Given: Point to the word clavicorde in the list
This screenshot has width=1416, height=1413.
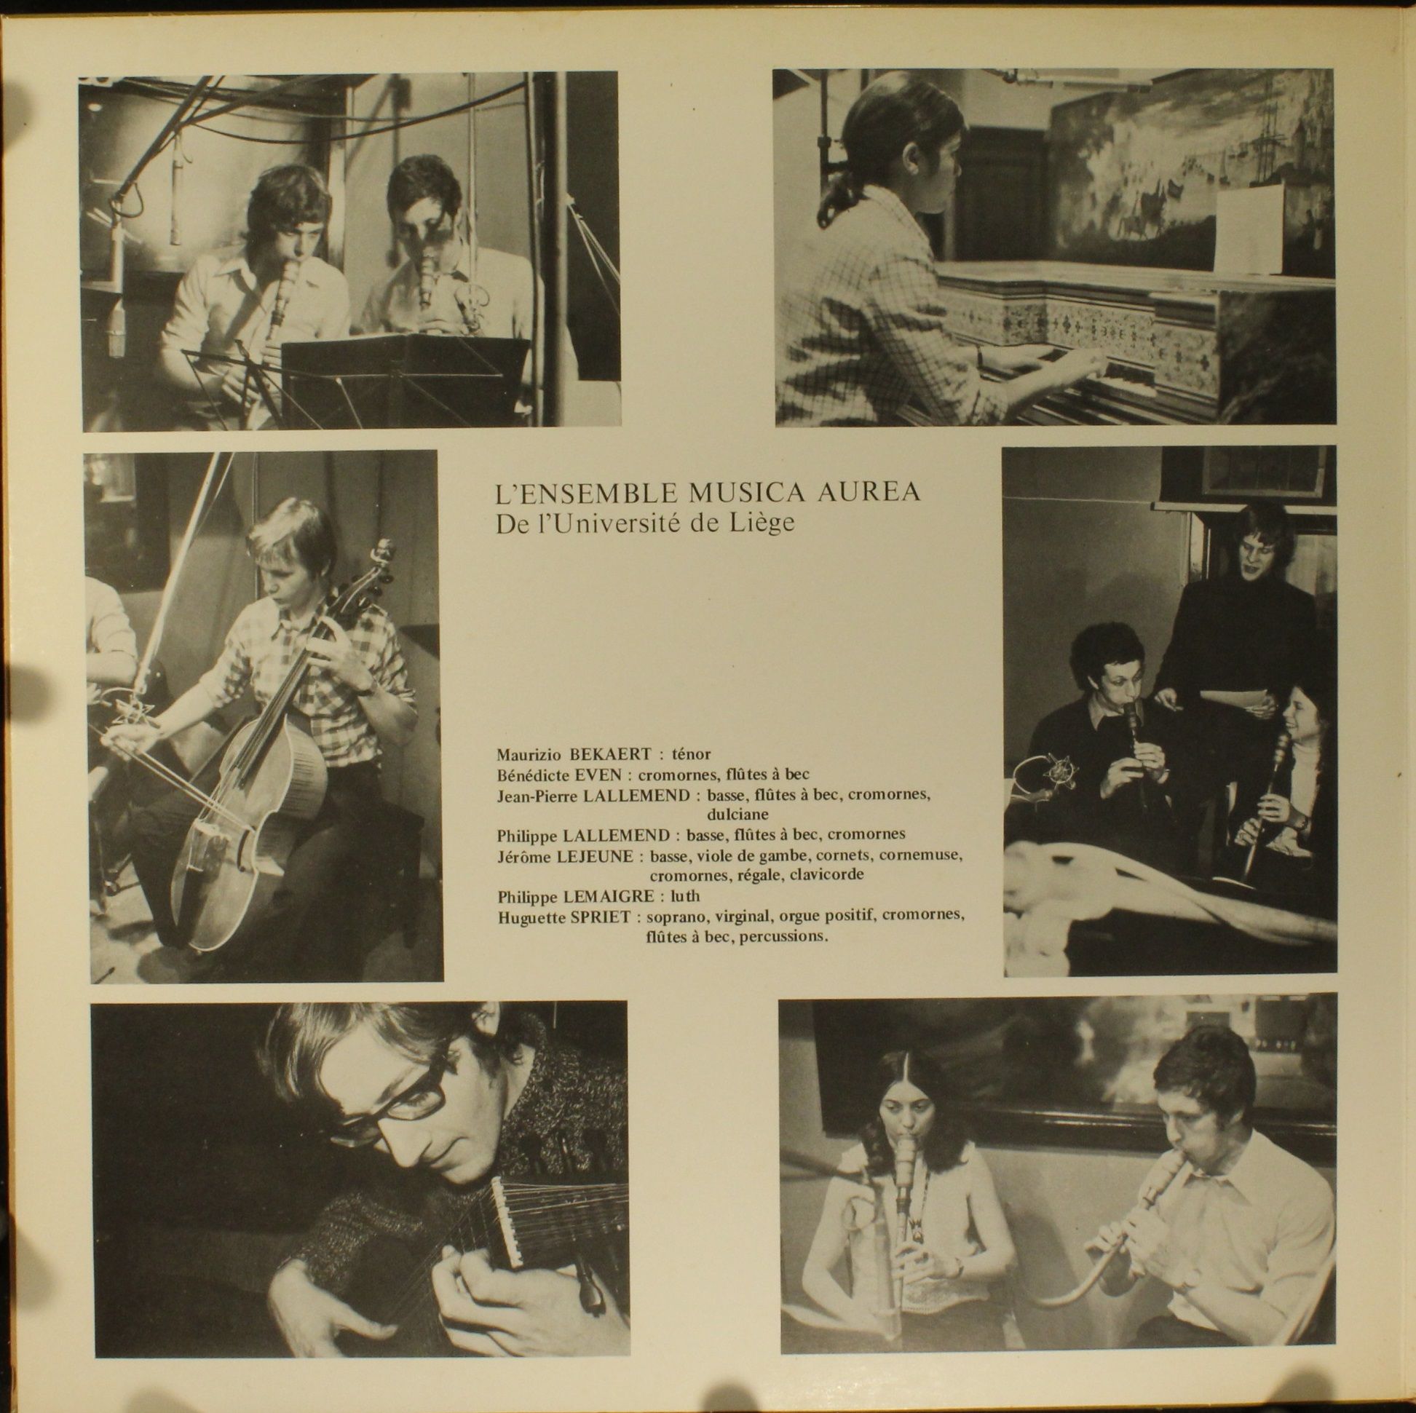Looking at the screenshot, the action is (x=829, y=875).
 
